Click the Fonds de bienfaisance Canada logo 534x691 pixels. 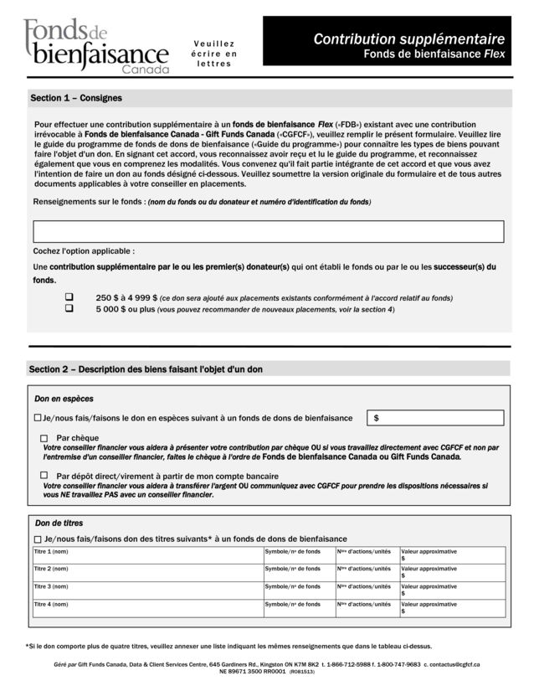(95, 46)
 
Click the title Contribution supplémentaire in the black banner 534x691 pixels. (408, 39)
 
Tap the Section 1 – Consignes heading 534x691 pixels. (76, 98)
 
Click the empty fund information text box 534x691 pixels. (268, 231)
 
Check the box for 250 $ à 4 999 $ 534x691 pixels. (69, 297)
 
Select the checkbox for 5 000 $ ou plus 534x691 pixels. (69, 308)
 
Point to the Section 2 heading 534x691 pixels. (146, 369)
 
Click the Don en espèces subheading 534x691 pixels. (64, 399)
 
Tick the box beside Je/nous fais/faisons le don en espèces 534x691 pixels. (37, 417)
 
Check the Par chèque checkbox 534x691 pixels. (44, 438)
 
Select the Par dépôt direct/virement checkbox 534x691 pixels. (44, 476)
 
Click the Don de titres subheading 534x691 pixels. (59, 523)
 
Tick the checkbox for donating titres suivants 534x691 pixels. (37, 539)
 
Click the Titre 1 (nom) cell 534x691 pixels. (146, 555)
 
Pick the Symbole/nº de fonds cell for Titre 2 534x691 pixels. (299, 573)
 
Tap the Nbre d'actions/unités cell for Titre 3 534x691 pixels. (367, 590)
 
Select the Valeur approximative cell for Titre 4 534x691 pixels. (452, 607)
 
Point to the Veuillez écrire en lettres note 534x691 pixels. (214, 54)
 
